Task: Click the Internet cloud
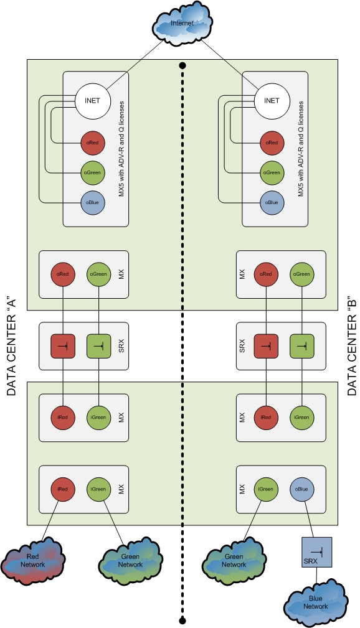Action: pos(182,24)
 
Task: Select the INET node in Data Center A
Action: pos(92,100)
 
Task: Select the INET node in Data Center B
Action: pos(272,100)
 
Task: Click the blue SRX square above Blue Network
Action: pos(316,552)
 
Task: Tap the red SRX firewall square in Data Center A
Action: pos(62,344)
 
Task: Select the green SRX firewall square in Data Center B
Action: pos(301,344)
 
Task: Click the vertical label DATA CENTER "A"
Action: pos(11,344)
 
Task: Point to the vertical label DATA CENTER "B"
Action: pos(351,344)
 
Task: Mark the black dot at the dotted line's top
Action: pos(182,65)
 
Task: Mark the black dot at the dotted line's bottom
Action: pos(182,620)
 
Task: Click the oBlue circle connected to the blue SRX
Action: pos(301,488)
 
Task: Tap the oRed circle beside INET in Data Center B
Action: pos(272,143)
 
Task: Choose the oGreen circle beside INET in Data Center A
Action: pos(92,172)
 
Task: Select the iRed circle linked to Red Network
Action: pos(62,488)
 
